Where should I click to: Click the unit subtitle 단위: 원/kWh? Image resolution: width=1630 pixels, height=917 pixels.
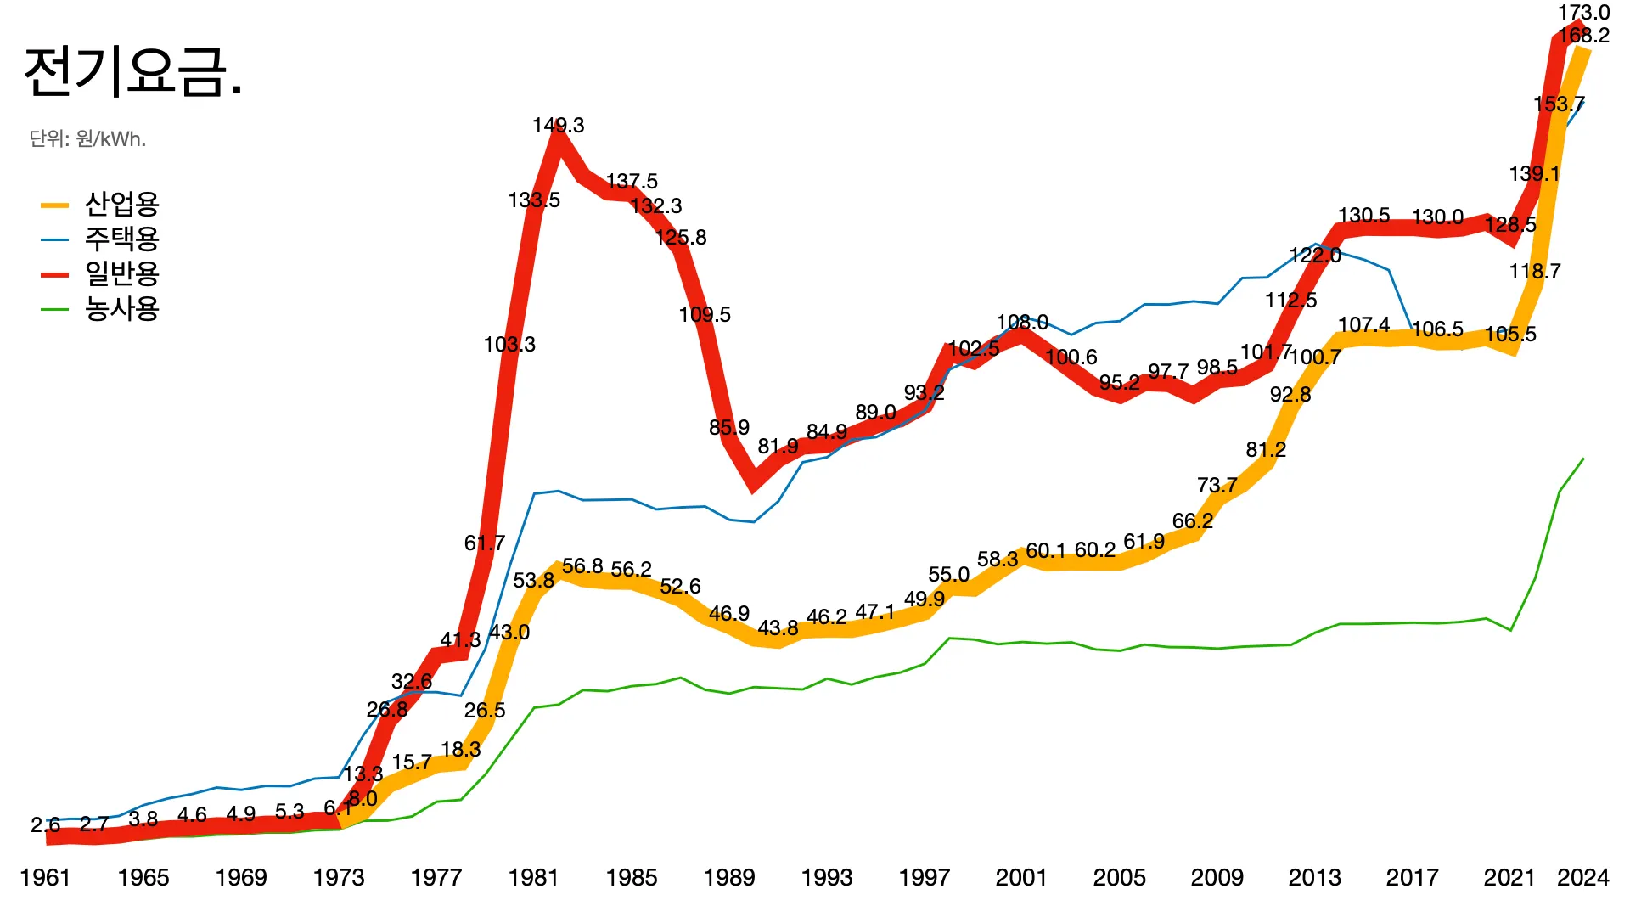87,139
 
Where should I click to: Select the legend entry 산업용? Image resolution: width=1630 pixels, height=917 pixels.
121,205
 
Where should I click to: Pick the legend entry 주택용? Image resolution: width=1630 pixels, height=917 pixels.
121,239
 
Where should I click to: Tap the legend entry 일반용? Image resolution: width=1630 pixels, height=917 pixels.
121,274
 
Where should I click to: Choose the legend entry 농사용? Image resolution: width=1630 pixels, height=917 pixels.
121,309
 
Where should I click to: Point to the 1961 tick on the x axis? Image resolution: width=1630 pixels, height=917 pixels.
45,877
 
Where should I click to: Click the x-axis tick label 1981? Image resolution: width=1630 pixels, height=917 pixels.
533,877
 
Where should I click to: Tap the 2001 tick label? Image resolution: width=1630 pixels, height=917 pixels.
1021,877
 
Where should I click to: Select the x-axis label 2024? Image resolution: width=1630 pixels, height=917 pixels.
1582,877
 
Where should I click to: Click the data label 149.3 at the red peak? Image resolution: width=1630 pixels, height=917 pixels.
558,126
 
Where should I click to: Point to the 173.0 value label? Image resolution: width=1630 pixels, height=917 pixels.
1583,13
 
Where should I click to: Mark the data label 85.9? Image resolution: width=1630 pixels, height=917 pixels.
729,428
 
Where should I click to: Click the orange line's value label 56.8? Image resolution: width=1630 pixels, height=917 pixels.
582,566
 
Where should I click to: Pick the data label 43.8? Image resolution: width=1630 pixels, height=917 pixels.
778,628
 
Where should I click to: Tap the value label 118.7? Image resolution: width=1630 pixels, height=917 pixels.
1534,272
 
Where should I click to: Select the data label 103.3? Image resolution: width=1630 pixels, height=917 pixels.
509,345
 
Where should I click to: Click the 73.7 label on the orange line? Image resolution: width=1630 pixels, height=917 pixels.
1217,486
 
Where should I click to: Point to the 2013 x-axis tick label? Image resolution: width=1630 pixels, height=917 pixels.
1314,877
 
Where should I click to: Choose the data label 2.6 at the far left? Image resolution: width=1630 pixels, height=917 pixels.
45,824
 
